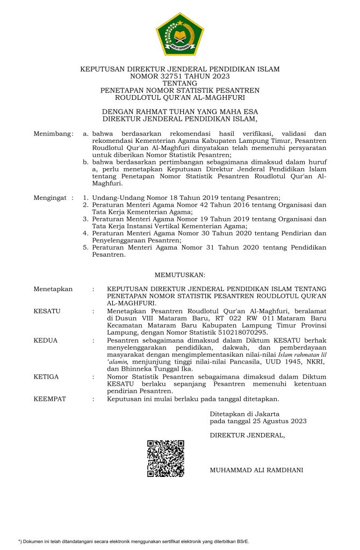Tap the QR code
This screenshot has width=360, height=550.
tap(166, 458)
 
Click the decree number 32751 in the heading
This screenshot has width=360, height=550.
tap(175, 77)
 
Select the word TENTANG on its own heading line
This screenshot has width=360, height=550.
tap(179, 84)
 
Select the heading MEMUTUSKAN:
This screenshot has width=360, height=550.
tap(180, 274)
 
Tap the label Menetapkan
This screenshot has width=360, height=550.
tap(53, 289)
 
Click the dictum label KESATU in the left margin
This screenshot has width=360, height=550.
tap(47, 310)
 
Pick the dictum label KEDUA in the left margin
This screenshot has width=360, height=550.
tap(46, 340)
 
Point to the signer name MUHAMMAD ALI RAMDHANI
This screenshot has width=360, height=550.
tap(256, 470)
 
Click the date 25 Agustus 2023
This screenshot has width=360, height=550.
tap(280, 421)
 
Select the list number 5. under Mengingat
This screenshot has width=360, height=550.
tap(85, 248)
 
